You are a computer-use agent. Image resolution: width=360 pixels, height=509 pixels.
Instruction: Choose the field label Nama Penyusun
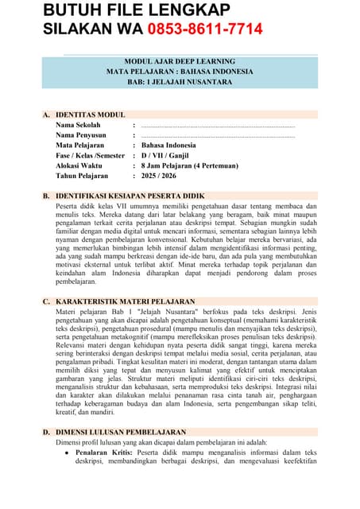pyautogui.click(x=83, y=135)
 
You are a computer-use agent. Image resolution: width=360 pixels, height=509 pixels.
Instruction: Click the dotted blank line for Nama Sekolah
pyautogui.click(x=217, y=126)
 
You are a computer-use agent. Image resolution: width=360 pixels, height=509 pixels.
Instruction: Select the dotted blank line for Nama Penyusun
pyautogui.click(x=217, y=136)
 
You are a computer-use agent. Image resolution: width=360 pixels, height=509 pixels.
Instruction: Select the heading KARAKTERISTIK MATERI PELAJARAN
pyautogui.click(x=125, y=301)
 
